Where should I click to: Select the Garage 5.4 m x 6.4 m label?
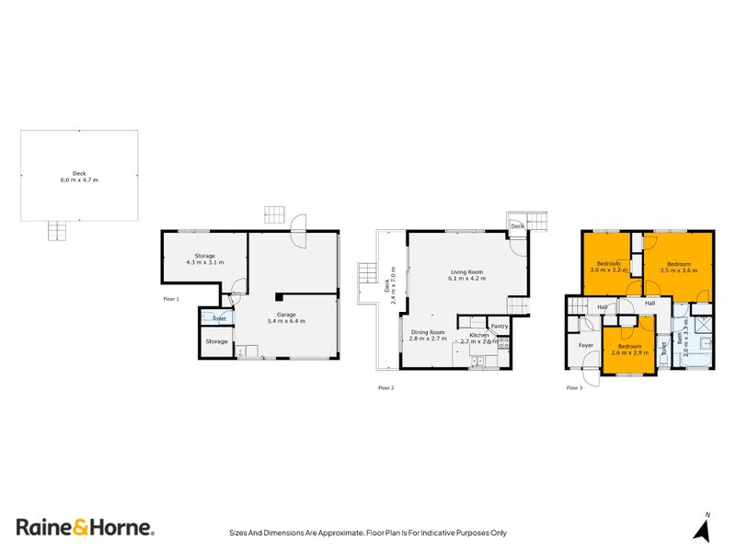pos(285,317)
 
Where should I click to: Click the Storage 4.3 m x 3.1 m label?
pos(204,259)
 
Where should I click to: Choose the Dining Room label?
pos(428,335)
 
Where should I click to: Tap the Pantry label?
pos(500,326)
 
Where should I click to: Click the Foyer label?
pos(585,345)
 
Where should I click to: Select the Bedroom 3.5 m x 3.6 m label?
pos(677,267)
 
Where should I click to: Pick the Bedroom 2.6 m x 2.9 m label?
pos(629,350)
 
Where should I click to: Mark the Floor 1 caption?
pos(171,299)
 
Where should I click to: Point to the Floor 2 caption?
pos(386,387)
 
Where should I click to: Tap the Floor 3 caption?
pos(574,387)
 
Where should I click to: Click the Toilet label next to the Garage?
pos(219,318)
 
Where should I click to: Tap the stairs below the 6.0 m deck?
pos(59,230)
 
